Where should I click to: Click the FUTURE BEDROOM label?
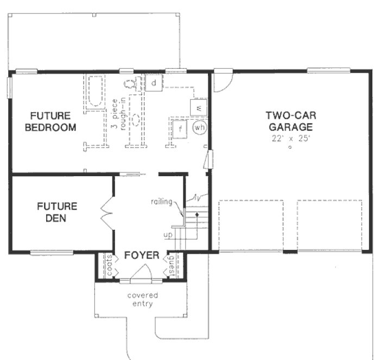[x=50, y=121]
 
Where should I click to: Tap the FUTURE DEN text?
[x=57, y=211]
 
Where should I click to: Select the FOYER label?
[x=141, y=255]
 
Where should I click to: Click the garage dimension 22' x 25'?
[x=289, y=139]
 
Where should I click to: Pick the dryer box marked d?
[x=154, y=83]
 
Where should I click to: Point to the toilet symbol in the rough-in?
[x=131, y=84]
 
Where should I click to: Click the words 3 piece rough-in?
[x=118, y=113]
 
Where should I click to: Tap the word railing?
[x=162, y=202]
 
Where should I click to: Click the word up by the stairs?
[x=168, y=235]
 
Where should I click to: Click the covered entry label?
[x=143, y=300]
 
